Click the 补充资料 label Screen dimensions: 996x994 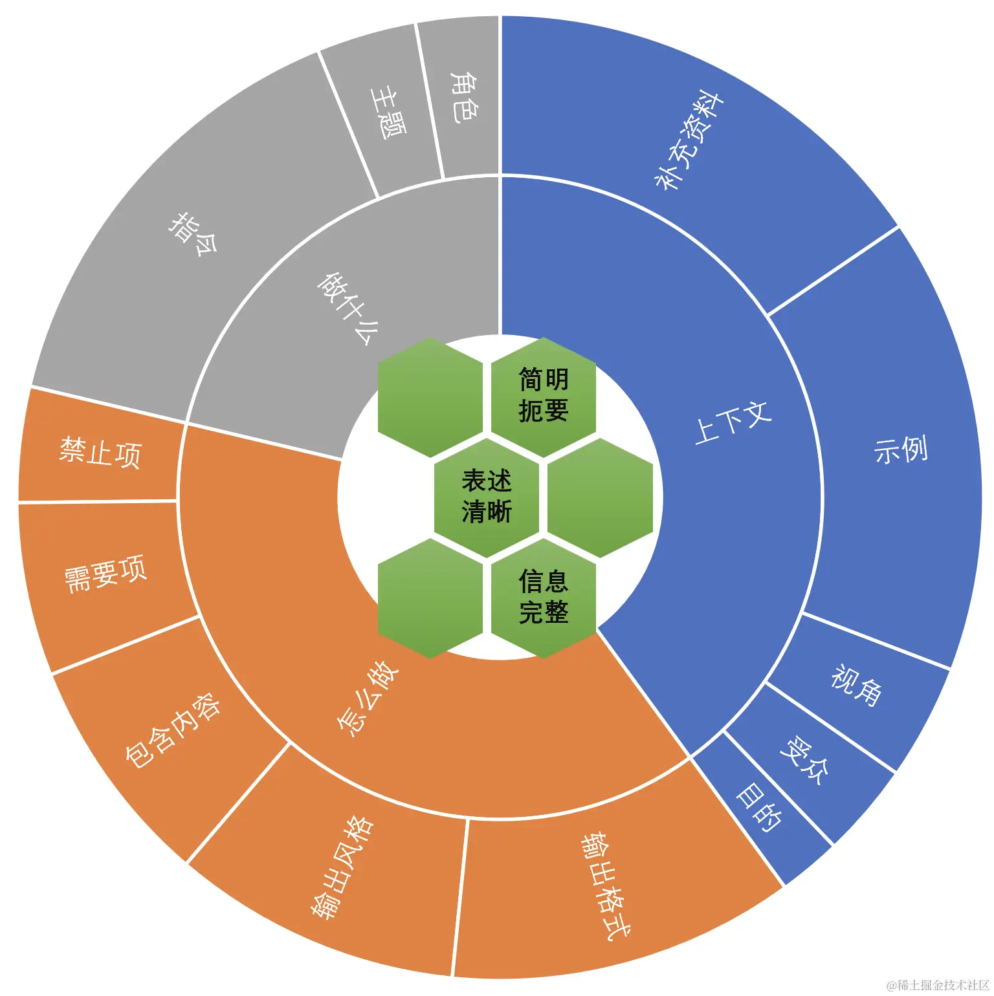(689, 141)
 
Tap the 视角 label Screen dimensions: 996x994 (856, 684)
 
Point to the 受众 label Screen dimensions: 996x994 (804, 760)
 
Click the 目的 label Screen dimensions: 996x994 (758, 807)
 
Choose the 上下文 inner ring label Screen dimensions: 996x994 (733, 422)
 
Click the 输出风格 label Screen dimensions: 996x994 (342, 867)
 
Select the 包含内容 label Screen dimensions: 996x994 (172, 730)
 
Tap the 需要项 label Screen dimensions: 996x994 (105, 573)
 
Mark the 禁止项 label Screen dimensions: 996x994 (100, 452)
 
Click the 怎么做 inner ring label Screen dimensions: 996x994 (368, 698)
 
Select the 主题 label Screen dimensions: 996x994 (388, 114)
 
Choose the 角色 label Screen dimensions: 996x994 (464, 98)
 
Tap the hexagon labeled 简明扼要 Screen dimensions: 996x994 (544, 395)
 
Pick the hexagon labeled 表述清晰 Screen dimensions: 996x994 (487, 497)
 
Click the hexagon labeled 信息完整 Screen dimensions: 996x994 (544, 597)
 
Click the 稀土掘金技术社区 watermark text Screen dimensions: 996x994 (939, 985)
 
